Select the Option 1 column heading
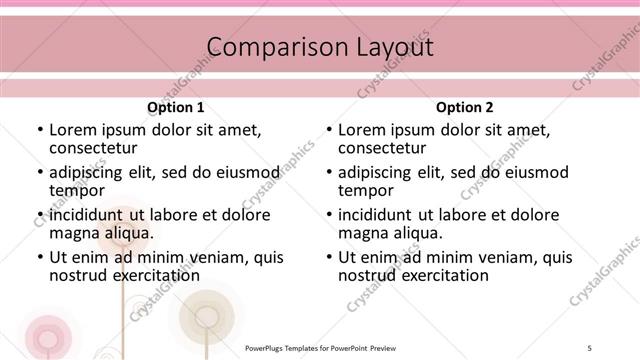pos(176,108)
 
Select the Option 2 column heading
pos(465,108)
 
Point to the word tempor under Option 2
pos(366,191)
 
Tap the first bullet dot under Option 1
pos(39,131)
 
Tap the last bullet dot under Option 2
pos(329,258)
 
